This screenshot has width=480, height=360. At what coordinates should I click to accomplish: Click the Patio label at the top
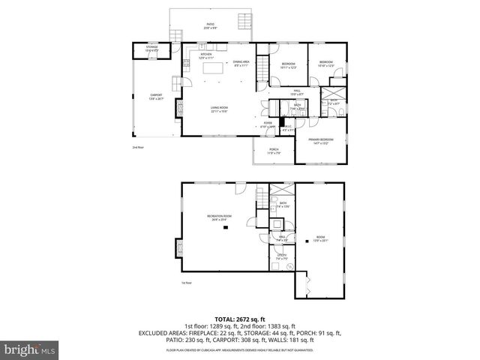[x=210, y=25]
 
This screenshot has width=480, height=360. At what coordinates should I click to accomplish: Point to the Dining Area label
[x=241, y=63]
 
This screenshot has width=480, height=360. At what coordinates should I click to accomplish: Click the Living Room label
[x=219, y=109]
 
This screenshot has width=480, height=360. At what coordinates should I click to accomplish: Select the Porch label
[x=274, y=151]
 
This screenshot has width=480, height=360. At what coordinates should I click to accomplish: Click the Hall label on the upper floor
[x=297, y=91]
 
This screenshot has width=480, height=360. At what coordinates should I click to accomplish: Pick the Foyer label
[x=268, y=124]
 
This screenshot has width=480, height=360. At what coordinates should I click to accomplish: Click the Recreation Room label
[x=219, y=218]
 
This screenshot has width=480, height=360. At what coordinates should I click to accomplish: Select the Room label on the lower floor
[x=320, y=239]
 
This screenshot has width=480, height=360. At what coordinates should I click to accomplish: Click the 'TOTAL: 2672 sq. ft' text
[x=239, y=318]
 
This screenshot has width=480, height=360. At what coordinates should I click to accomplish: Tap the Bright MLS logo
[x=27, y=349]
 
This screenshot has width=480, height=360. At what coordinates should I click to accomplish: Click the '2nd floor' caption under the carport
[x=137, y=147]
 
